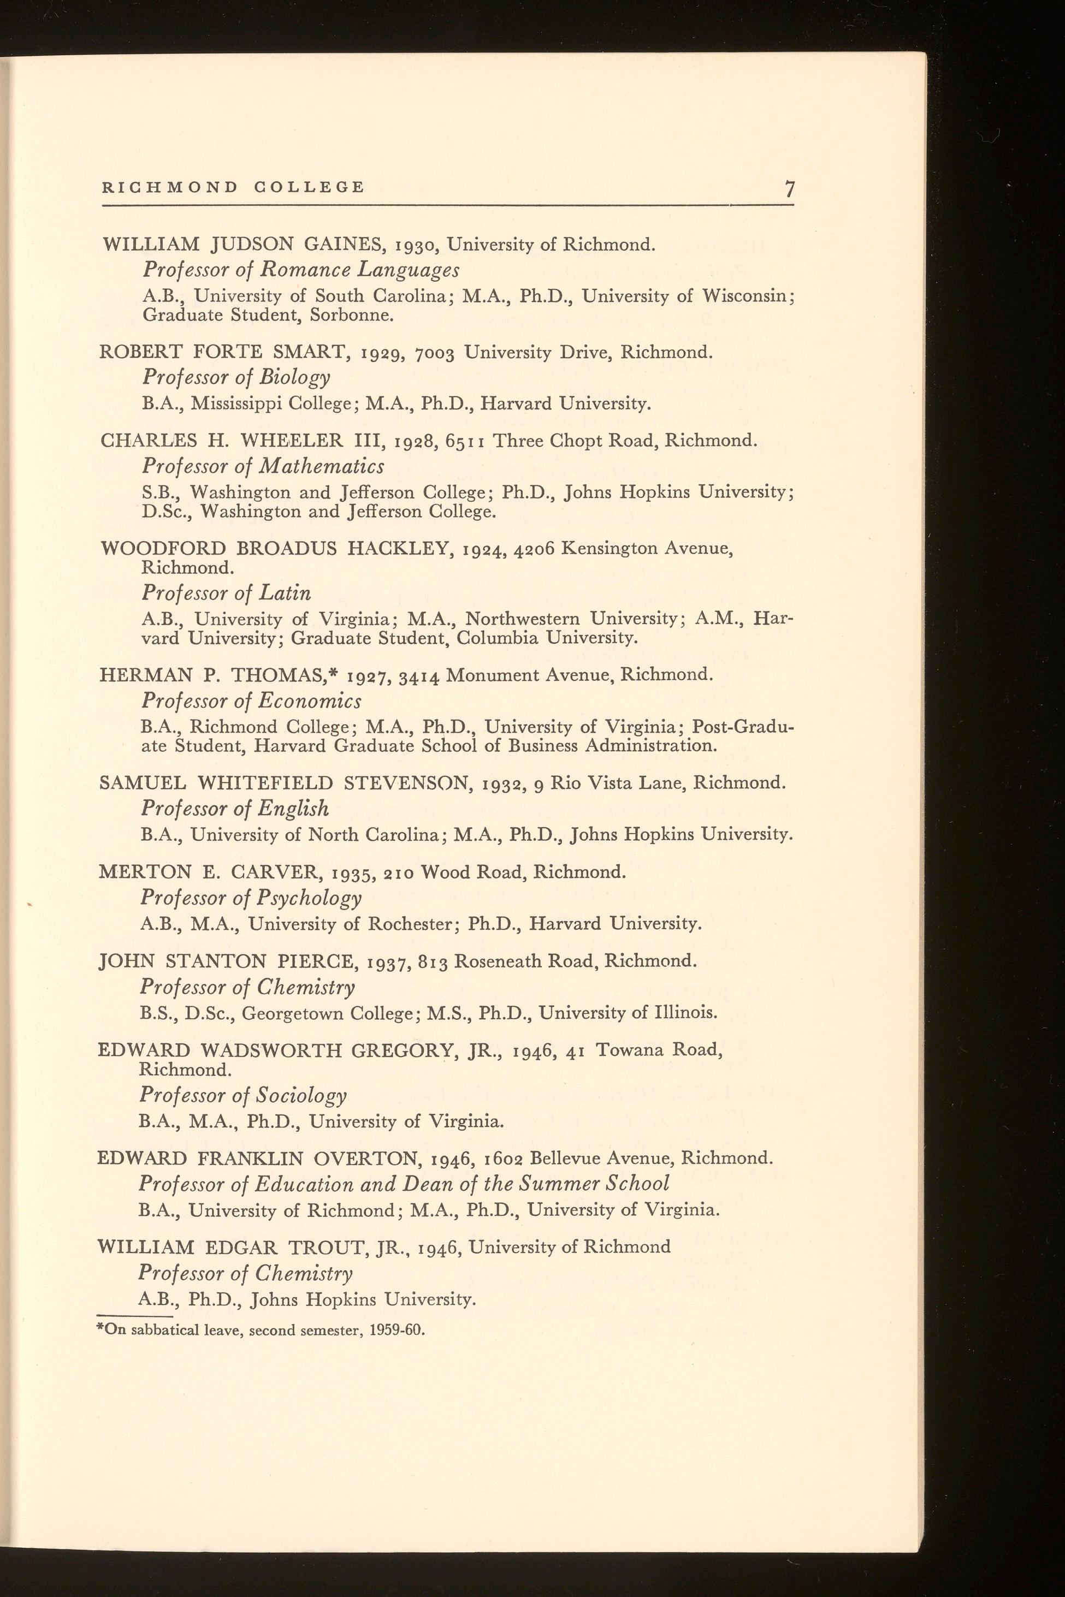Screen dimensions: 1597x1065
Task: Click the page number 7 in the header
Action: coord(789,188)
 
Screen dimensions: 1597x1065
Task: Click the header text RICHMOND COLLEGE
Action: coord(234,187)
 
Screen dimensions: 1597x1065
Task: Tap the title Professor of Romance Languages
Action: coord(300,270)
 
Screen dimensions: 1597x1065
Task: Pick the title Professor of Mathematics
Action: coord(263,466)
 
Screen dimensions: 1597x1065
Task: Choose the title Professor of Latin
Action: coord(226,593)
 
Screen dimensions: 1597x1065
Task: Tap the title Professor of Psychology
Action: coord(251,898)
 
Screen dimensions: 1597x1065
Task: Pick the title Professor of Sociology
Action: coord(242,1096)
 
